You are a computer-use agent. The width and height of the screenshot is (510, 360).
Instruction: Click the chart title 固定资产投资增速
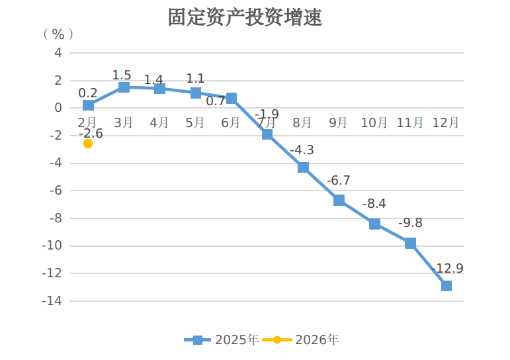click(245, 17)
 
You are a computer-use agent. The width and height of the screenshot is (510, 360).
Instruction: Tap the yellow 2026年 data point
click(88, 144)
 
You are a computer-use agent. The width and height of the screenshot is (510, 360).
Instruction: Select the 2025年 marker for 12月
click(446, 286)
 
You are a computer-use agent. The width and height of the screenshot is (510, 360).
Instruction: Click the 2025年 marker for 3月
click(124, 87)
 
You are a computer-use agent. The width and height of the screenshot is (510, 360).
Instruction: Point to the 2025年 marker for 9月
click(339, 200)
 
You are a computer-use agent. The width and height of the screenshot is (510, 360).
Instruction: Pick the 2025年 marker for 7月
click(267, 134)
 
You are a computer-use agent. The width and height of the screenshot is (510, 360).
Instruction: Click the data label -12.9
click(447, 269)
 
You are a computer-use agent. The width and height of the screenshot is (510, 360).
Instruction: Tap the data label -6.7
click(338, 181)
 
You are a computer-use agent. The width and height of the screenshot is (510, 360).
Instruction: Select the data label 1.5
click(122, 75)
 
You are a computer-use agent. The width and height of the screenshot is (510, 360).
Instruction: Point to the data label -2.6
click(91, 133)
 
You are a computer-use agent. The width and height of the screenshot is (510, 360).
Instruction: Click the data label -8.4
click(374, 204)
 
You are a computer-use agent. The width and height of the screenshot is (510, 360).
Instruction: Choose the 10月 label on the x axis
click(374, 122)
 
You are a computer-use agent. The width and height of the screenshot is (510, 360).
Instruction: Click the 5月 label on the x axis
click(195, 122)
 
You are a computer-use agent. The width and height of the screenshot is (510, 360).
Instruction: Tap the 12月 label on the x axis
click(446, 122)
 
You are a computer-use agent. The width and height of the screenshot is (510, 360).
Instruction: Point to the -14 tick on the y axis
click(53, 301)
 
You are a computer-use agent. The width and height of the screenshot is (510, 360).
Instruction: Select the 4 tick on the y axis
click(58, 52)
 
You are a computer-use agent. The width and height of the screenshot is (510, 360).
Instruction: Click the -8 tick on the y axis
click(56, 218)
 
